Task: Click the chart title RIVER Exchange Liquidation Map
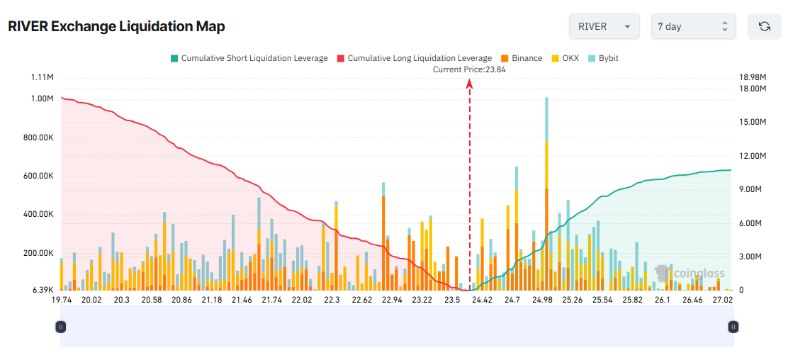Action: pyautogui.click(x=116, y=27)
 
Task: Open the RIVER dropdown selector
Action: pyautogui.click(x=604, y=26)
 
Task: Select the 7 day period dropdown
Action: pyautogui.click(x=693, y=26)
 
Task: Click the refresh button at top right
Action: pyautogui.click(x=764, y=26)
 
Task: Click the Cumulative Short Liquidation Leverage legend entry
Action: pyautogui.click(x=249, y=58)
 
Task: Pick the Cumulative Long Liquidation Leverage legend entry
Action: pyautogui.click(x=414, y=58)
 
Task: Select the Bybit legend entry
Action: pyautogui.click(x=603, y=58)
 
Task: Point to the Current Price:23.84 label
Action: pyautogui.click(x=469, y=69)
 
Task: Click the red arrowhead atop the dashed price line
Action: pyautogui.click(x=469, y=84)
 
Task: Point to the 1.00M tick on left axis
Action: pyautogui.click(x=42, y=99)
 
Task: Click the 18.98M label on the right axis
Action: pyautogui.click(x=753, y=77)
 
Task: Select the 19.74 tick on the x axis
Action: pyautogui.click(x=62, y=300)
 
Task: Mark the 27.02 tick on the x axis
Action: pyautogui.click(x=722, y=300)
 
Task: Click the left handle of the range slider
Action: pyautogui.click(x=61, y=327)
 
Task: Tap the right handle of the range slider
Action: pyautogui.click(x=733, y=327)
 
